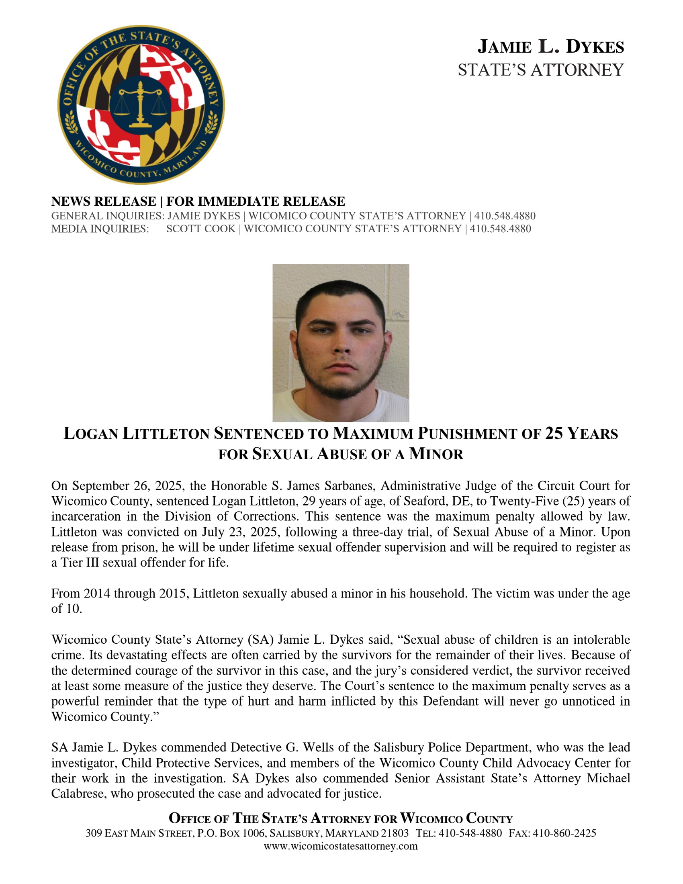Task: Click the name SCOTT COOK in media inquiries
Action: point(201,229)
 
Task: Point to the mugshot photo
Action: point(341,343)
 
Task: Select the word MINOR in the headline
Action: point(436,454)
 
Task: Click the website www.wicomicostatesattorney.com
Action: point(340,846)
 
